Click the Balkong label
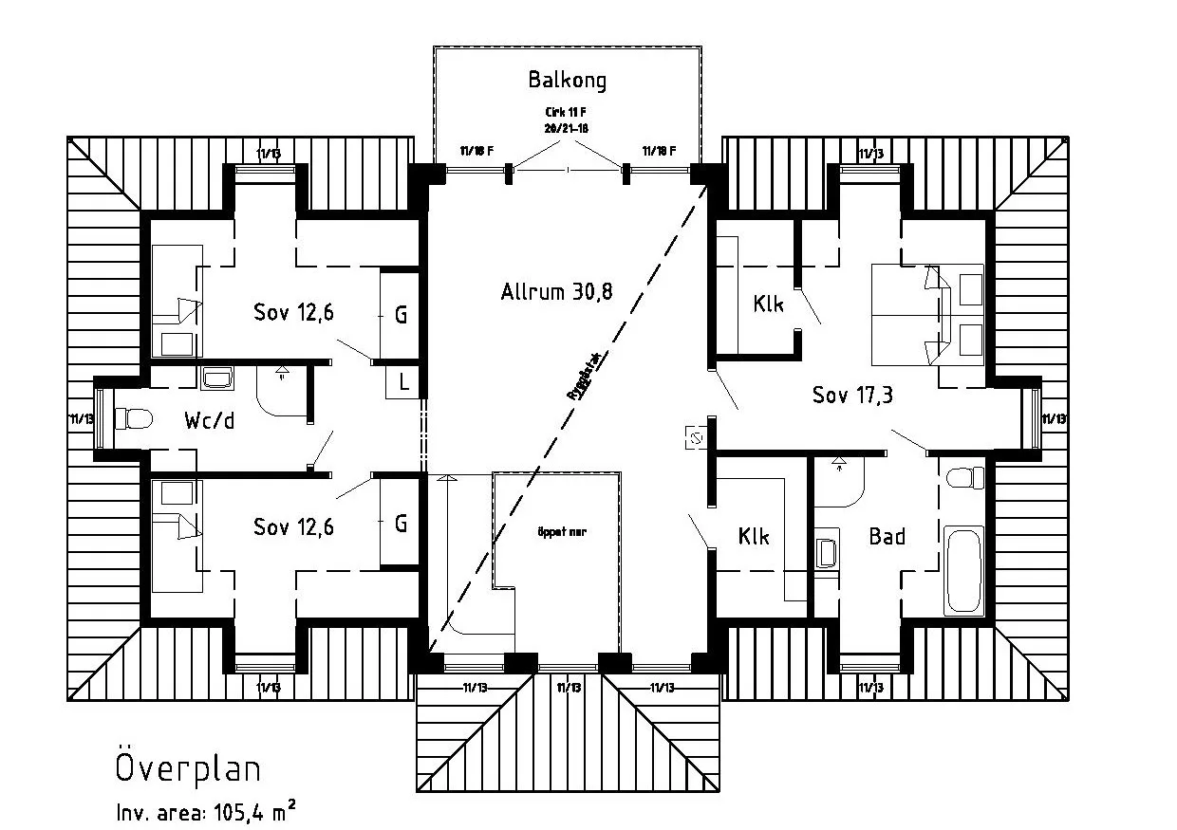(567, 80)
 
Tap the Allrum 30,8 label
(556, 292)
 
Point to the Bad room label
(887, 537)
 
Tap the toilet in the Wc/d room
(133, 418)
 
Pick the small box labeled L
(403, 383)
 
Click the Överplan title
(188, 769)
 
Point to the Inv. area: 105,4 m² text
(206, 812)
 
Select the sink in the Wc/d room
(218, 379)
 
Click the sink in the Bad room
(826, 553)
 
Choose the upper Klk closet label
(768, 304)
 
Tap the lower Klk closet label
(754, 537)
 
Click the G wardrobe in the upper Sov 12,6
(401, 314)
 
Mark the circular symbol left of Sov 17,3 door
(697, 437)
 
